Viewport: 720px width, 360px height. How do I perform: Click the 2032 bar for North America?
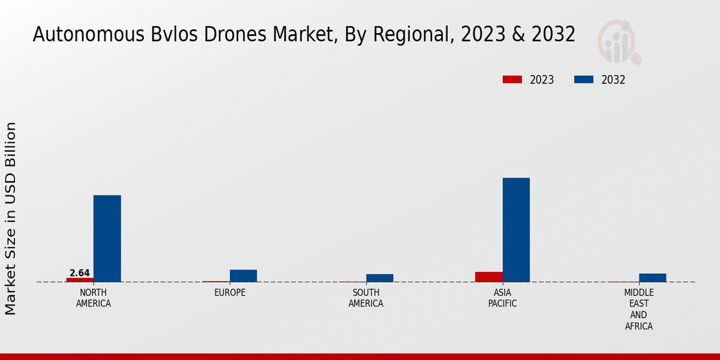(107, 238)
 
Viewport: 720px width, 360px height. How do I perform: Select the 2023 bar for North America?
(80, 280)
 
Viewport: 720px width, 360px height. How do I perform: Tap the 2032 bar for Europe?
(243, 275)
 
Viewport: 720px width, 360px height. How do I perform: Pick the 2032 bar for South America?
(380, 278)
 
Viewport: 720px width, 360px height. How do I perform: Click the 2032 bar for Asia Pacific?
(516, 230)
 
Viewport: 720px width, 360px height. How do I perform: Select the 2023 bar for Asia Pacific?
(488, 277)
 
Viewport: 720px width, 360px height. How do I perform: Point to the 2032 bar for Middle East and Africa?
(652, 277)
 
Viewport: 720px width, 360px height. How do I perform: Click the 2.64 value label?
(80, 273)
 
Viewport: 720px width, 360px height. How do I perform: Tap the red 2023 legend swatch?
(512, 80)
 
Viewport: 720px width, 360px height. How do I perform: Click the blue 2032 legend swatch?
(584, 80)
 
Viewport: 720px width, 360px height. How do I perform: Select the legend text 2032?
(613, 80)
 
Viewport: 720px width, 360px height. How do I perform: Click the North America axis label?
(93, 298)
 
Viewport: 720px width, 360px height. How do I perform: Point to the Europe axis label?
(230, 293)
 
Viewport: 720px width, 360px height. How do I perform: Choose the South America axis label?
(366, 298)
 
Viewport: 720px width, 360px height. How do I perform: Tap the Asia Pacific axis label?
(502, 298)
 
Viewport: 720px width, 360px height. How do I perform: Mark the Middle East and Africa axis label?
(638, 309)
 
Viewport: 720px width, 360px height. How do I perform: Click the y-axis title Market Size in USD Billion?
(11, 218)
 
